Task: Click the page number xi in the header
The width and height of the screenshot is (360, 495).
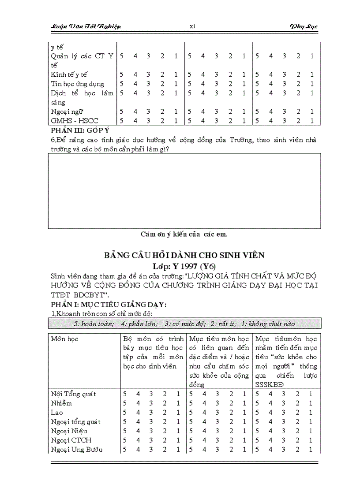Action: [x=192, y=26]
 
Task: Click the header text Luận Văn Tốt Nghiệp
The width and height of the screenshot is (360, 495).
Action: [x=84, y=26]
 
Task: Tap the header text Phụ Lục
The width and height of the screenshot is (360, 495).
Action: [x=304, y=26]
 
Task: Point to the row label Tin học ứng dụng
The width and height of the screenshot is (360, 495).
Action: [x=77, y=84]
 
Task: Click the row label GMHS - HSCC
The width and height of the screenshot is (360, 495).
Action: [x=75, y=121]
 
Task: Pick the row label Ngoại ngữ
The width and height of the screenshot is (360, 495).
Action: [x=67, y=112]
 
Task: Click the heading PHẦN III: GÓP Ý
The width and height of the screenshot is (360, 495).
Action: [x=80, y=130]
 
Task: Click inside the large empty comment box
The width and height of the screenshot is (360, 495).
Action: [x=184, y=190]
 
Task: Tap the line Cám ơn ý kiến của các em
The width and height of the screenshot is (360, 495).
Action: [x=184, y=234]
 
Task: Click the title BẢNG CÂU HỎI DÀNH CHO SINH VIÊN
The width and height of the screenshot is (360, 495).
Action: [x=184, y=255]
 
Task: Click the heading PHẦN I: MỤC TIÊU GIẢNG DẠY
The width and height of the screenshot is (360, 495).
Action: [x=108, y=305]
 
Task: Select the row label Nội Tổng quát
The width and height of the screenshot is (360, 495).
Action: [x=73, y=394]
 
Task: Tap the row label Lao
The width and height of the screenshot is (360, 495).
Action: [x=57, y=412]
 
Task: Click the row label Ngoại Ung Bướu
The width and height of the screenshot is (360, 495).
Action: [x=77, y=449]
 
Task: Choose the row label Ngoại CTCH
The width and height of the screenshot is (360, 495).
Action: [x=71, y=440]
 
